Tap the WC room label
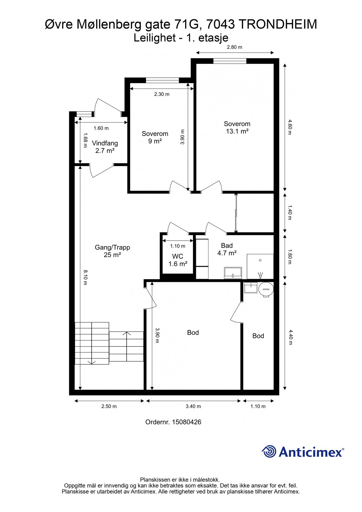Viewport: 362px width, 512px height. [x=177, y=257]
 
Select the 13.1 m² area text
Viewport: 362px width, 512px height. [x=237, y=131]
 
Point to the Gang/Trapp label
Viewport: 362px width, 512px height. [x=112, y=247]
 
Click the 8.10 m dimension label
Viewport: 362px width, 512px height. [x=85, y=277]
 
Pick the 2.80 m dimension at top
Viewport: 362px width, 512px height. [x=234, y=47]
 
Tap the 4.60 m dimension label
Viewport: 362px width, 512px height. [x=289, y=127]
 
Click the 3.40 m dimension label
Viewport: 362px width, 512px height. [x=193, y=406]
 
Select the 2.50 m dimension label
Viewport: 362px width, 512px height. [x=109, y=406]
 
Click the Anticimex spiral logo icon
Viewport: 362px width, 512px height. [x=269, y=451]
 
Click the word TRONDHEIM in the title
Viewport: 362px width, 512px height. [x=278, y=24]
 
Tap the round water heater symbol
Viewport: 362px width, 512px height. [x=266, y=290]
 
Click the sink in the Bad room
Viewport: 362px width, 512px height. [x=233, y=273]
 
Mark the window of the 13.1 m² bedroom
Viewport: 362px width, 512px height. [x=230, y=61]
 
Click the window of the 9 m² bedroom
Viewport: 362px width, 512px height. [x=162, y=80]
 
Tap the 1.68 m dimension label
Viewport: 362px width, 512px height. [x=85, y=140]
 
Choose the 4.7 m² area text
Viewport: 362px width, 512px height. [x=227, y=253]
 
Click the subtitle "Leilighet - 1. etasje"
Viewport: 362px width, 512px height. [x=181, y=38]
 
